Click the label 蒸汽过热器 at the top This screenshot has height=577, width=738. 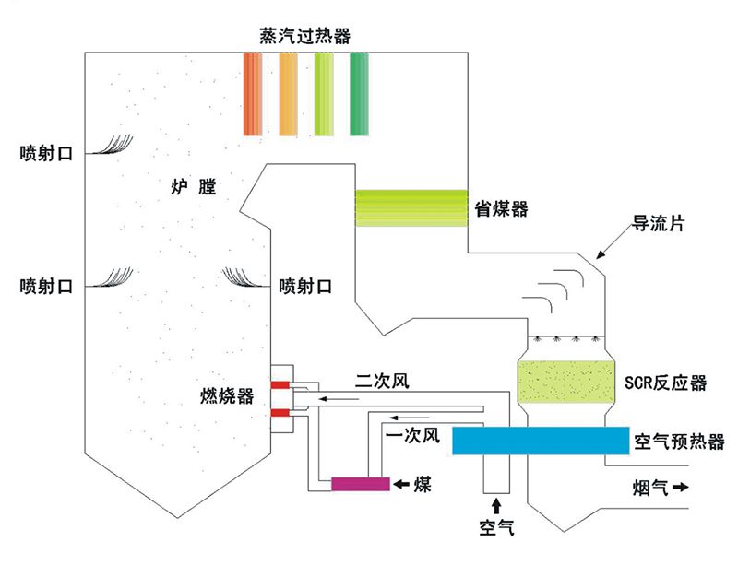(x=305, y=36)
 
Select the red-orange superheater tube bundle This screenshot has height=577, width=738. (x=254, y=93)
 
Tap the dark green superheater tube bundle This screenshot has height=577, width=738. (x=359, y=93)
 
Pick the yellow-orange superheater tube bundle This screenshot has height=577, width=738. (x=288, y=93)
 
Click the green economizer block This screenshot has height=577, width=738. (x=411, y=207)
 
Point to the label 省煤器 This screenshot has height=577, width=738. (x=501, y=208)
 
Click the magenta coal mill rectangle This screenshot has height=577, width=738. (x=360, y=483)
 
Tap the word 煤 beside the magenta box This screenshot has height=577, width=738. (x=422, y=484)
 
